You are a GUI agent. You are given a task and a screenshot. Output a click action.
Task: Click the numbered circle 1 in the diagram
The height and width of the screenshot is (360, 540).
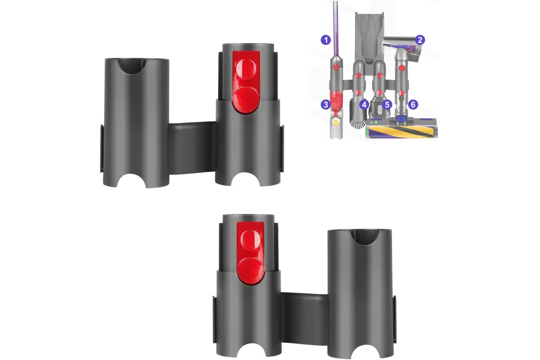[326, 40]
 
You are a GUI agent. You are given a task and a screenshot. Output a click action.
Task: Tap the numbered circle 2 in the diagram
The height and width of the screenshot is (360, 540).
[420, 40]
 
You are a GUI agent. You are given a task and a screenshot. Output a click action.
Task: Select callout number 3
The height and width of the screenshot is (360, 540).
[326, 105]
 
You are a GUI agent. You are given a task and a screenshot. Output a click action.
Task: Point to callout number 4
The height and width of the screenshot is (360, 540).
[364, 105]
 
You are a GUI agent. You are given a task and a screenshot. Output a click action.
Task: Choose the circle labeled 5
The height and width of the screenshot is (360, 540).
[387, 105]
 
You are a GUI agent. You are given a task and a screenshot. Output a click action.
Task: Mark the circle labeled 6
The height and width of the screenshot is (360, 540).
[413, 105]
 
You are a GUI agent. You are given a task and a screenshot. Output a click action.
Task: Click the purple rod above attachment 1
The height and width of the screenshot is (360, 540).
[336, 29]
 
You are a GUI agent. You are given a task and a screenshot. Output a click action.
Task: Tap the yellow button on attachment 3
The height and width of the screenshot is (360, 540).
[335, 123]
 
